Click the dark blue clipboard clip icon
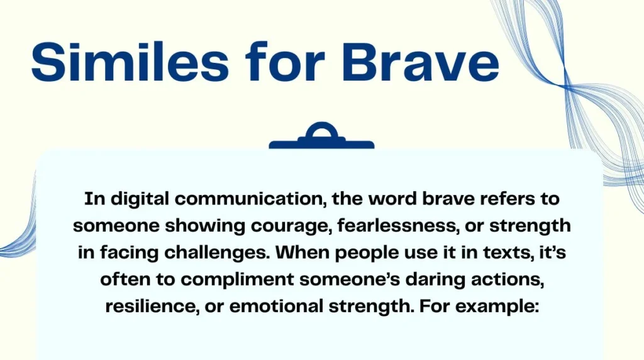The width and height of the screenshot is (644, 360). (321, 137)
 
